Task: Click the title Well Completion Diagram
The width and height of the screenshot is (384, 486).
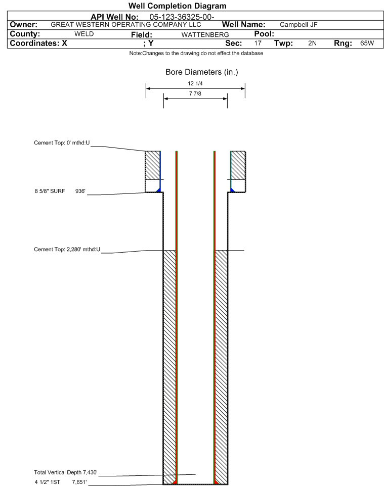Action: pyautogui.click(x=178, y=6)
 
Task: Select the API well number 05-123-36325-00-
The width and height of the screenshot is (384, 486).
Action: pyautogui.click(x=182, y=17)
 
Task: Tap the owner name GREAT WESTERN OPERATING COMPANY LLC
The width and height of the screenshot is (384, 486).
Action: pyautogui.click(x=126, y=24)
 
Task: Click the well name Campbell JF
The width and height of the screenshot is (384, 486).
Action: pyautogui.click(x=298, y=24)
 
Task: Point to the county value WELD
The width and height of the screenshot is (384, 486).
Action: pyautogui.click(x=84, y=34)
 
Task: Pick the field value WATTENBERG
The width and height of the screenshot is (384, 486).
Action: pyautogui.click(x=205, y=35)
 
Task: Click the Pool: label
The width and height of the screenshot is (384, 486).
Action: pyautogui.click(x=264, y=34)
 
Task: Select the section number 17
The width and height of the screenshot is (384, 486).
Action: pyautogui.click(x=258, y=43)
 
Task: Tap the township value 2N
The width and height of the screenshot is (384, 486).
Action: pyautogui.click(x=312, y=43)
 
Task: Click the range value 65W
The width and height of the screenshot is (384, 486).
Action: pyautogui.click(x=367, y=43)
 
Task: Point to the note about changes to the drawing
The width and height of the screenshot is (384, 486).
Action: pyautogui.click(x=196, y=54)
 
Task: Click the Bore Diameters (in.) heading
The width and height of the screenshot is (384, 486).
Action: pyautogui.click(x=202, y=72)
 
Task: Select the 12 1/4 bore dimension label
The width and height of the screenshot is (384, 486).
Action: pyautogui.click(x=195, y=83)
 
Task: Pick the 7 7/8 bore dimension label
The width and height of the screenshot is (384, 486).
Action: pyautogui.click(x=195, y=93)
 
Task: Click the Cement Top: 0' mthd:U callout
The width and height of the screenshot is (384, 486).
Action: pyautogui.click(x=62, y=143)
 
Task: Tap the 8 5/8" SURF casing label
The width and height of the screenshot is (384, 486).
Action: pyautogui.click(x=50, y=191)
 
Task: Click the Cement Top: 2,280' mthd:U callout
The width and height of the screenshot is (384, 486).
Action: pyautogui.click(x=67, y=250)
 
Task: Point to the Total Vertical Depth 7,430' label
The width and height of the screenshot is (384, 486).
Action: pyautogui.click(x=66, y=472)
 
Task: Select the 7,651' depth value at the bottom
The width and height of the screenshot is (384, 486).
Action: pyautogui.click(x=79, y=482)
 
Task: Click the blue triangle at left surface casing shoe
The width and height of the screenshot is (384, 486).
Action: pyautogui.click(x=158, y=190)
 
